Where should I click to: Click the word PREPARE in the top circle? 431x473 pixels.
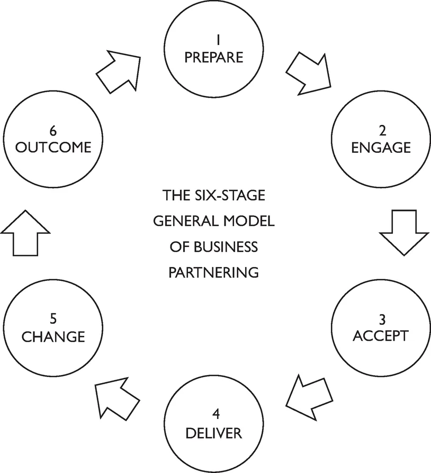coord(214,57)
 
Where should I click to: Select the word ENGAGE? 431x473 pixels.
coord(381,147)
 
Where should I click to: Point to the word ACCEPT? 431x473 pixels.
coord(381,335)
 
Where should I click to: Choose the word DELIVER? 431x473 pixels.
coord(214,433)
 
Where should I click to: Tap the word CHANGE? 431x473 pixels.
coord(53,336)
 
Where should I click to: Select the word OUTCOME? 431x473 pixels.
coord(53,147)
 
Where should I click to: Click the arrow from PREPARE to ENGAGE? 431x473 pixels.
coord(308,74)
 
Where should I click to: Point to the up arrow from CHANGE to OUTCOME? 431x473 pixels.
coord(25,232)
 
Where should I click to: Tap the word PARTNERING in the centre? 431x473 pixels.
coord(214,272)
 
